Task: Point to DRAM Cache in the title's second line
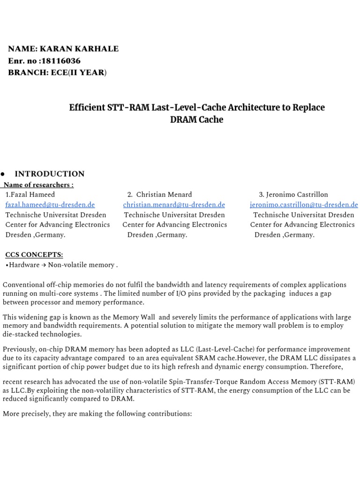point(196,120)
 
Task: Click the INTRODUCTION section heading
point(50,174)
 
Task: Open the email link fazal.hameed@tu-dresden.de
point(50,205)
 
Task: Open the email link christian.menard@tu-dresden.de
point(174,205)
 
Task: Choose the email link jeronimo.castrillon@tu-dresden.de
point(304,205)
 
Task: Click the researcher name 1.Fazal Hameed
point(30,195)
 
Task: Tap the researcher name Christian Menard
point(164,195)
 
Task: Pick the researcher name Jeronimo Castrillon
point(297,195)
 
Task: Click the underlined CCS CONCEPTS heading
point(34,255)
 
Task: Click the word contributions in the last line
point(168,414)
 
